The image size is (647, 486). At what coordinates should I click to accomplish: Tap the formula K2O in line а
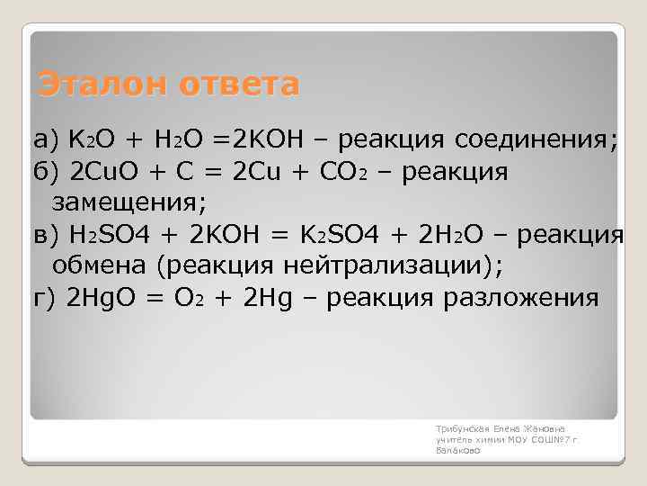(92, 140)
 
